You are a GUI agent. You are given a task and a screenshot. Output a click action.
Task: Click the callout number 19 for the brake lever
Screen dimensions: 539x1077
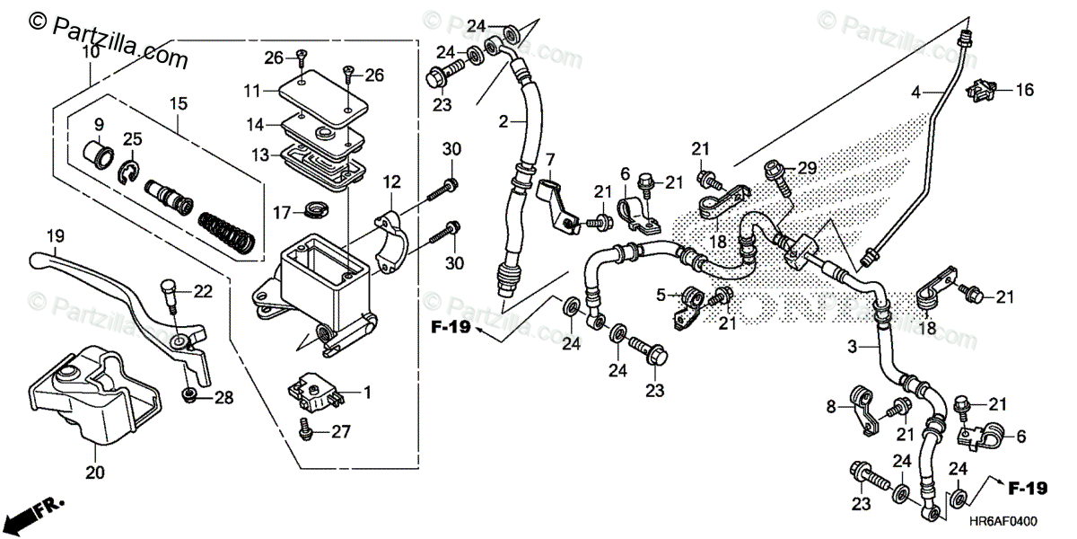tap(56, 237)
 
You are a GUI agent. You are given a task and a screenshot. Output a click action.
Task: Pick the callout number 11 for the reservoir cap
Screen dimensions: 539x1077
tap(251, 91)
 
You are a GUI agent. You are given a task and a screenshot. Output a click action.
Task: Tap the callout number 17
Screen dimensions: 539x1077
tap(282, 213)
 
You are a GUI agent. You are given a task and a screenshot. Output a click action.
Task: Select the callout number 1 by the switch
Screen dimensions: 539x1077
tap(366, 393)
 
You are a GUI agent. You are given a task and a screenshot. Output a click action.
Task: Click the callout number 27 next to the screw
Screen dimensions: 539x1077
tap(339, 432)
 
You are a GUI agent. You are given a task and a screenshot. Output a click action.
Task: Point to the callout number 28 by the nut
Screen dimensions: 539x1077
tap(223, 397)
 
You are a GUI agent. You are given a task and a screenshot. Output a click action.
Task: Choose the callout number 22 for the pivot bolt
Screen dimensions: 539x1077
tap(204, 290)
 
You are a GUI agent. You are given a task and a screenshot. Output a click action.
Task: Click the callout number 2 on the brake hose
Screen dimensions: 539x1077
tap(504, 121)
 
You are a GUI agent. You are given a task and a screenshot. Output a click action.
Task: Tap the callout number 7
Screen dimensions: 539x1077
tap(550, 159)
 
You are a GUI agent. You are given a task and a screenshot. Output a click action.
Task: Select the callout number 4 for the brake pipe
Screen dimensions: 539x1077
tap(916, 92)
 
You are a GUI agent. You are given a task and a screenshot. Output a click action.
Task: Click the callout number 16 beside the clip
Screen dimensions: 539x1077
tap(1024, 90)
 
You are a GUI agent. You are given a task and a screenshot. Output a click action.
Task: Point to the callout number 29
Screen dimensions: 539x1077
tap(809, 168)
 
